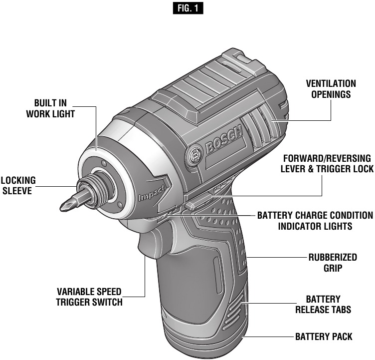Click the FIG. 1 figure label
[187, 8]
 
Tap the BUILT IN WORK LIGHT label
[51, 108]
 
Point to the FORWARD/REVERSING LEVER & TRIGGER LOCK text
[325, 163]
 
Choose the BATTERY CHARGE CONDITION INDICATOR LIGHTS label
[315, 221]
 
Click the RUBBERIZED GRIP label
[333, 263]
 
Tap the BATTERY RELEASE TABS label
[324, 304]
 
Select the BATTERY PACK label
[324, 337]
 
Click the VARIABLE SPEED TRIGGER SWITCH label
[89, 297]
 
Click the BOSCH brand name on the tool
[223, 141]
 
